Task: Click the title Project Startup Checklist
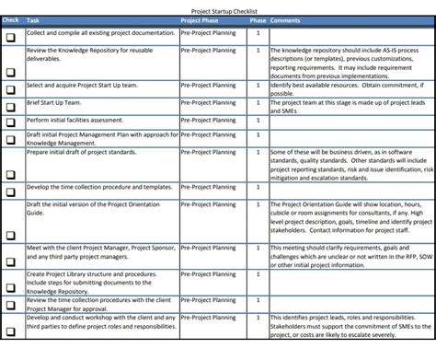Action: (x=218, y=9)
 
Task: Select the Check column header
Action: (x=11, y=19)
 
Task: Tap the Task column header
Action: (x=33, y=19)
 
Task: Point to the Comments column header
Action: (x=286, y=19)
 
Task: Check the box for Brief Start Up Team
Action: (x=11, y=110)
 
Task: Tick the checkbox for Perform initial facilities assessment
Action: (x=11, y=124)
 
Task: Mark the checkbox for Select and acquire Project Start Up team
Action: (x=11, y=92)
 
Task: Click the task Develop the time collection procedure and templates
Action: (x=98, y=186)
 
